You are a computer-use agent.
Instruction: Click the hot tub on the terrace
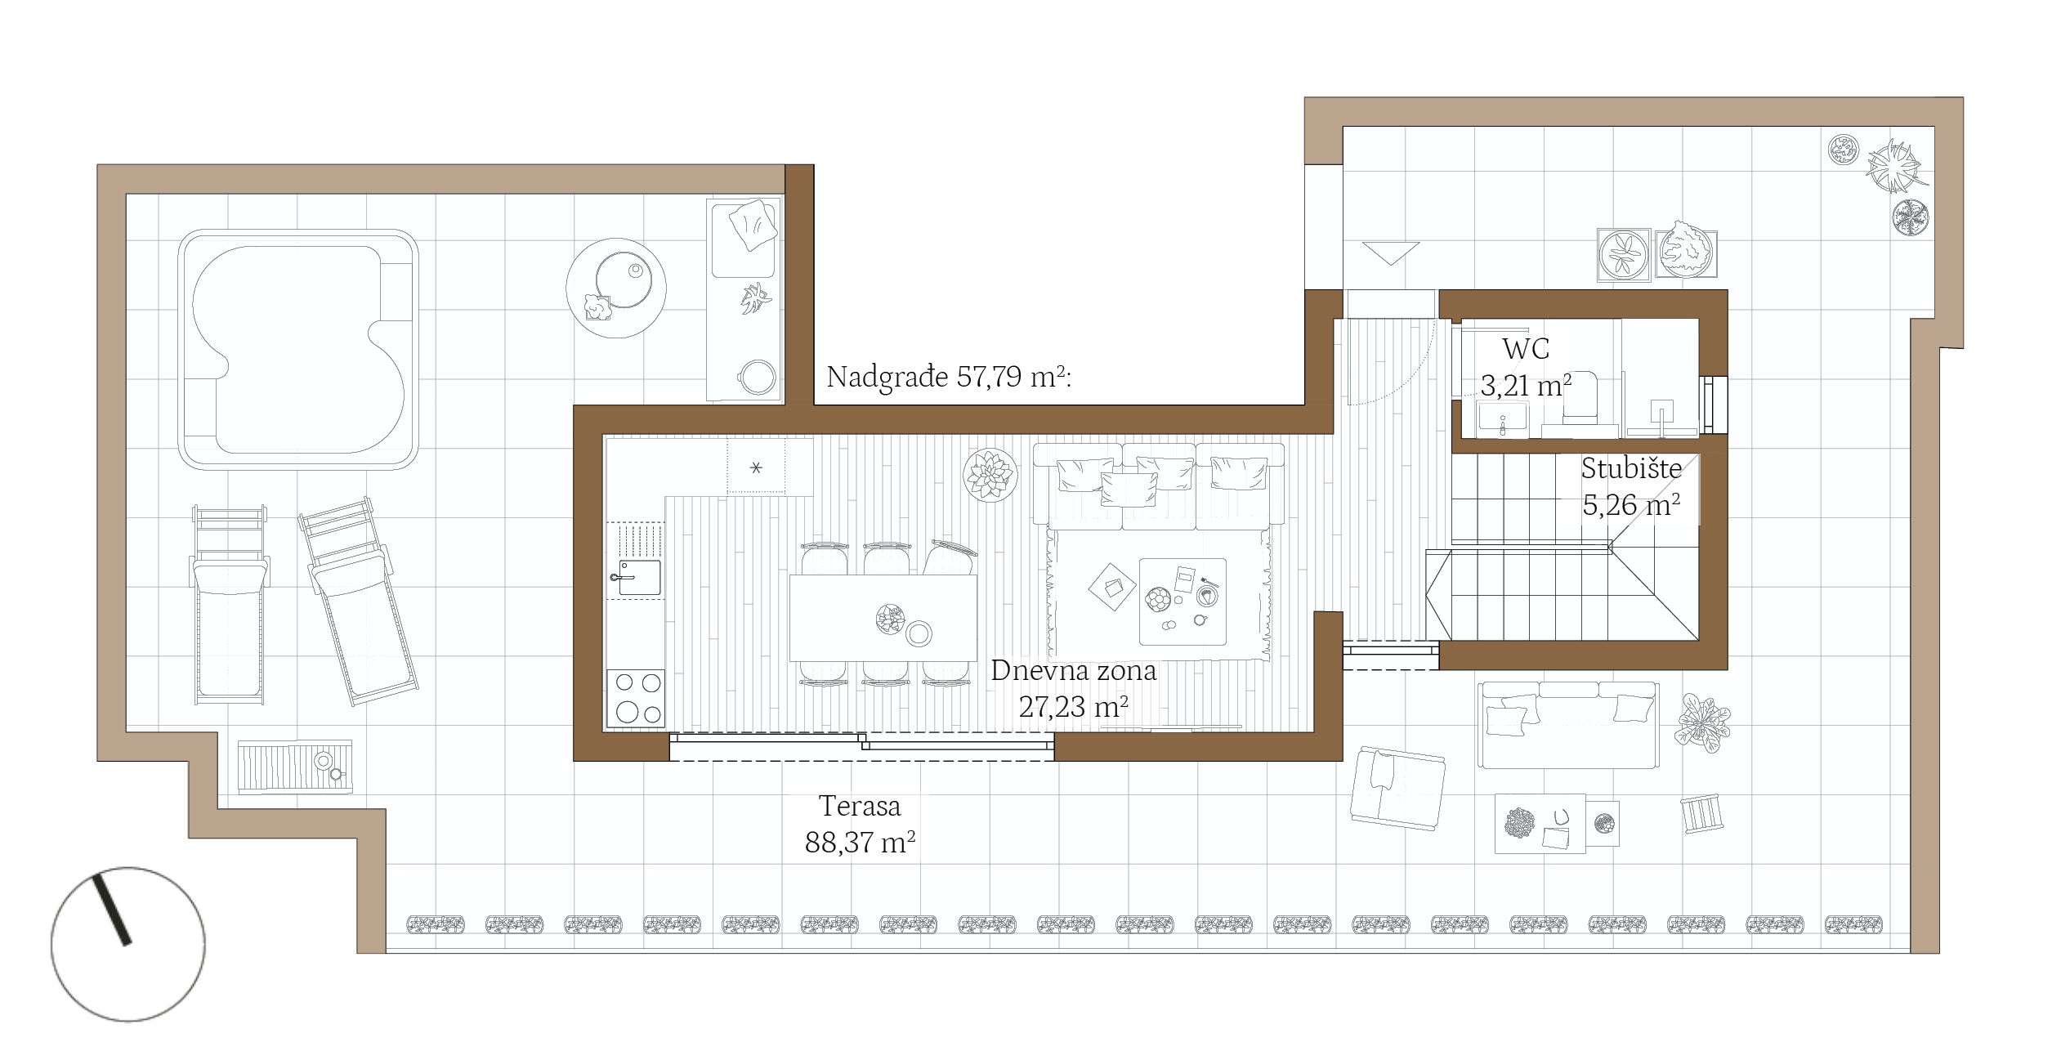click(298, 349)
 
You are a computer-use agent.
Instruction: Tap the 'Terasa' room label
click(860, 806)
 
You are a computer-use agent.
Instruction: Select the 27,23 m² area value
click(1073, 707)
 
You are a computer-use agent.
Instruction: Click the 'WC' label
click(1526, 349)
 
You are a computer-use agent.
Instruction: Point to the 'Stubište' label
click(1631, 468)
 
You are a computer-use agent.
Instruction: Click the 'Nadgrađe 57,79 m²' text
click(947, 377)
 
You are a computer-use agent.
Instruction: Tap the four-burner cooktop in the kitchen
click(636, 698)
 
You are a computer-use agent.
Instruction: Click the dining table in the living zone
click(883, 618)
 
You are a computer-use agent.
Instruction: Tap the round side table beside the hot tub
click(616, 288)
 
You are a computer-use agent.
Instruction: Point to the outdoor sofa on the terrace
click(1568, 725)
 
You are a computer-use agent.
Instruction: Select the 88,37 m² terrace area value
click(860, 843)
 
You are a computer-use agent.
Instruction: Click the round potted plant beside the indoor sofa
click(990, 475)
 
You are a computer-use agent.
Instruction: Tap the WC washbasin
click(1502, 416)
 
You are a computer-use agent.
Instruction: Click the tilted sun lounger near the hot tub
click(358, 601)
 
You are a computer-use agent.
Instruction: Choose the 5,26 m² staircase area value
click(1631, 505)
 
